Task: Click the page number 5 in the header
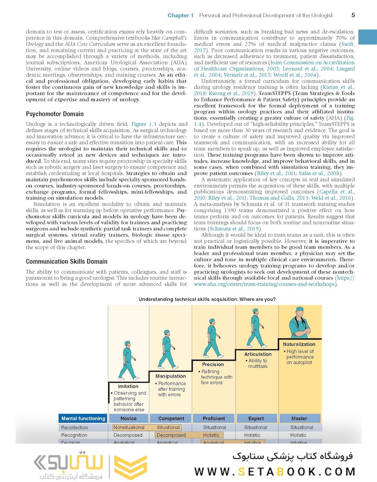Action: coord(353,15)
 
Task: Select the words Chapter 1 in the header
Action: coord(180,16)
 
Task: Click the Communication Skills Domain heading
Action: coord(66,262)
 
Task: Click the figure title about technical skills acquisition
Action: coord(207,299)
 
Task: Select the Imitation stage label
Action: coord(128,386)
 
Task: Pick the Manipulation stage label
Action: coord(171,376)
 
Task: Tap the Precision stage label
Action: coord(213,365)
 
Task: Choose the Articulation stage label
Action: coord(258,354)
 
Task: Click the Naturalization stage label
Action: coord(299,344)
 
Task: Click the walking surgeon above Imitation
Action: coord(127,360)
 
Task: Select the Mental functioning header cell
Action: coord(83,418)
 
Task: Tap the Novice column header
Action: coord(128,418)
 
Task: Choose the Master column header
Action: coord(299,418)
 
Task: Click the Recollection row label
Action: coord(75,428)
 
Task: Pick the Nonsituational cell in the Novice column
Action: coord(129,428)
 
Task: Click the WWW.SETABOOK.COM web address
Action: coord(275,471)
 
